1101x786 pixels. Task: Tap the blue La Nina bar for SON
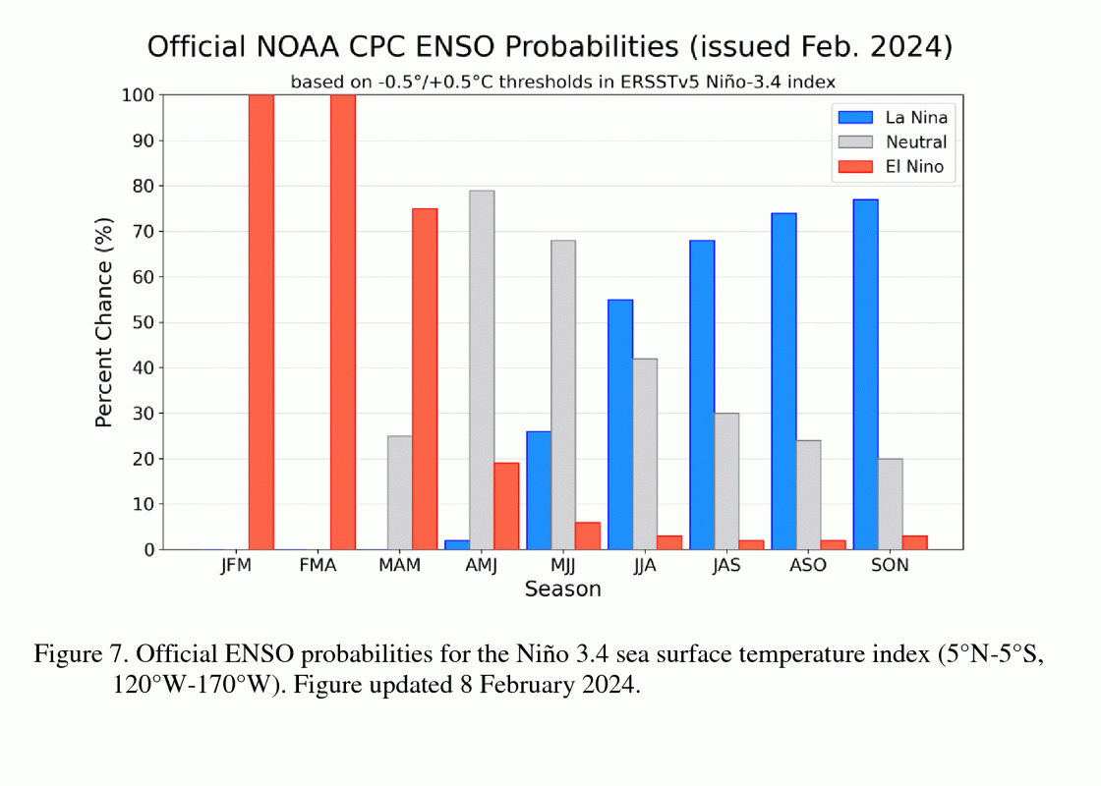click(x=865, y=374)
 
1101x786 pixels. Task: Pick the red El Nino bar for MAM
click(x=425, y=379)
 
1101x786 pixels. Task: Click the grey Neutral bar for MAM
click(x=400, y=492)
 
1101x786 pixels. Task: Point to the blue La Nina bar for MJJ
click(x=539, y=490)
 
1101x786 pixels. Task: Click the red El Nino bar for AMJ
click(x=506, y=506)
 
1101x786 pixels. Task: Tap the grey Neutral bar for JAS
click(x=726, y=481)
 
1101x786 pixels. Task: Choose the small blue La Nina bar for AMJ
click(x=457, y=544)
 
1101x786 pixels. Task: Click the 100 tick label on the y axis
click(x=138, y=95)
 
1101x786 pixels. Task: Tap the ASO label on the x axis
click(x=808, y=566)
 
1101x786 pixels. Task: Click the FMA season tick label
click(x=318, y=566)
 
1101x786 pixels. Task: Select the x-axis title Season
click(x=562, y=589)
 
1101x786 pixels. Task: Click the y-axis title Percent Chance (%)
click(x=104, y=322)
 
